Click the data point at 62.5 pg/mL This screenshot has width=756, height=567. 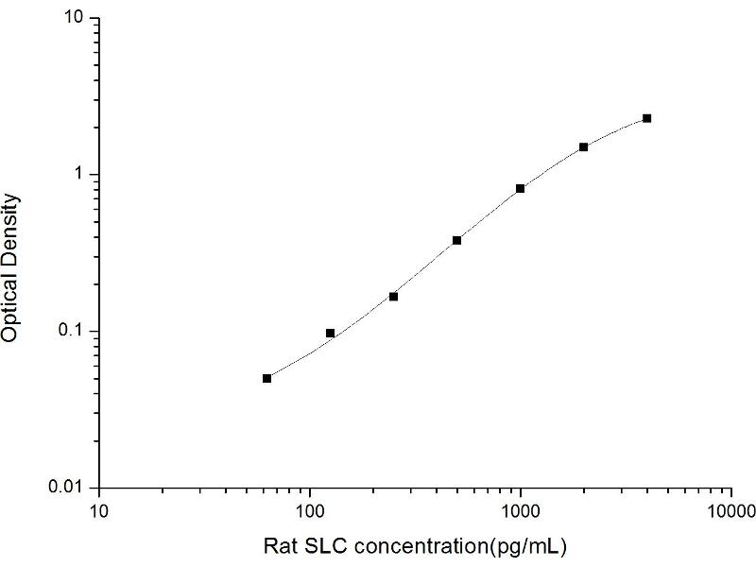click(x=267, y=378)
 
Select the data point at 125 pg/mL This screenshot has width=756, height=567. click(x=331, y=333)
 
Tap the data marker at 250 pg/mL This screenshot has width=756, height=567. click(x=394, y=297)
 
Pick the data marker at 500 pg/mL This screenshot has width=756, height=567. click(x=457, y=240)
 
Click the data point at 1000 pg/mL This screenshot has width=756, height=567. click(x=521, y=189)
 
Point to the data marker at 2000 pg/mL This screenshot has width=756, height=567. click(x=584, y=146)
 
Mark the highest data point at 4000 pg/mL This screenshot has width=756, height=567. click(x=647, y=118)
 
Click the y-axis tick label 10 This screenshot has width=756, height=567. click(x=77, y=19)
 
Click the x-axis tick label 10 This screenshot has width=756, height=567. click(x=100, y=511)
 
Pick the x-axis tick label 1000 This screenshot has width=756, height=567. click(x=521, y=511)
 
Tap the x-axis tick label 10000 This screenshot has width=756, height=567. click(x=730, y=511)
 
